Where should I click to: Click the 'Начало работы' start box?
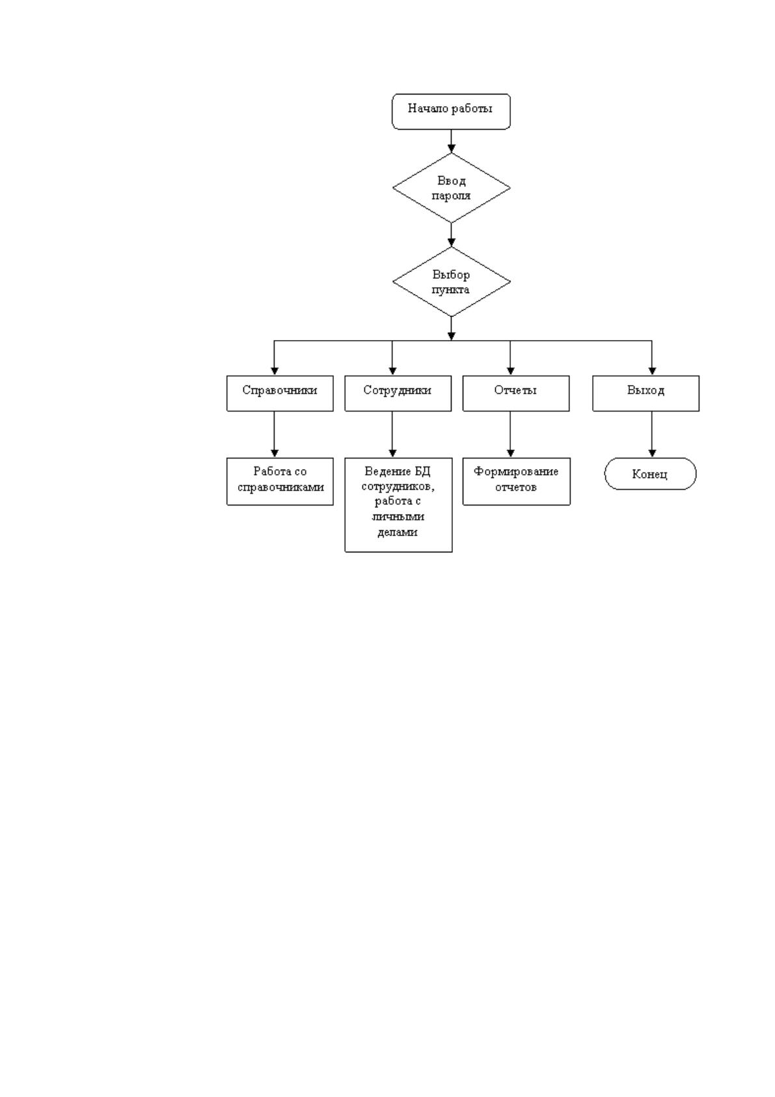point(450,111)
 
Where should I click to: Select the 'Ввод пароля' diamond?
point(451,188)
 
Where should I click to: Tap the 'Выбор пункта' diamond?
point(451,281)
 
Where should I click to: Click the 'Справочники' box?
point(280,393)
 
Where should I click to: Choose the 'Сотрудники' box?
point(398,393)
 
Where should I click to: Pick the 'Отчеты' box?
point(515,393)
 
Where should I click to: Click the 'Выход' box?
point(646,393)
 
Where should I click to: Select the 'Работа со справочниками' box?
point(280,481)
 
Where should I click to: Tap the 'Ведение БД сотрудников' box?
point(398,505)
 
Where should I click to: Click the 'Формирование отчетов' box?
point(516,481)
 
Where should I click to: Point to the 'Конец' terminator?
point(650,474)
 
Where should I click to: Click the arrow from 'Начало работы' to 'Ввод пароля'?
point(451,141)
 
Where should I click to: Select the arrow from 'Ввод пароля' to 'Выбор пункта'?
point(451,235)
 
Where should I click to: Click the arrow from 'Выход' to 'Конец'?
point(652,435)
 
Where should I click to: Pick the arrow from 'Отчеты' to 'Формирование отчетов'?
point(510,435)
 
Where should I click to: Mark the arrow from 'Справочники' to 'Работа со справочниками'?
point(274,435)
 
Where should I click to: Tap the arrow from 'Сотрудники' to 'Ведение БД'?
point(392,435)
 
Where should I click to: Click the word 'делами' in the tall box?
point(398,532)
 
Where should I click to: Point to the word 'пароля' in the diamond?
point(450,196)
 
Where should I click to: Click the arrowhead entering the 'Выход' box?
point(652,371)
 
